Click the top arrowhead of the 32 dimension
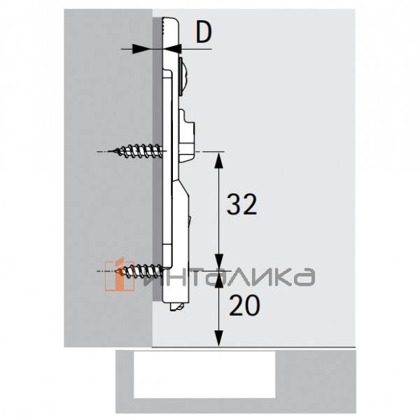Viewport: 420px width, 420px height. pos(219,158)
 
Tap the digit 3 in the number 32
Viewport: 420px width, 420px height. pos(231,204)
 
